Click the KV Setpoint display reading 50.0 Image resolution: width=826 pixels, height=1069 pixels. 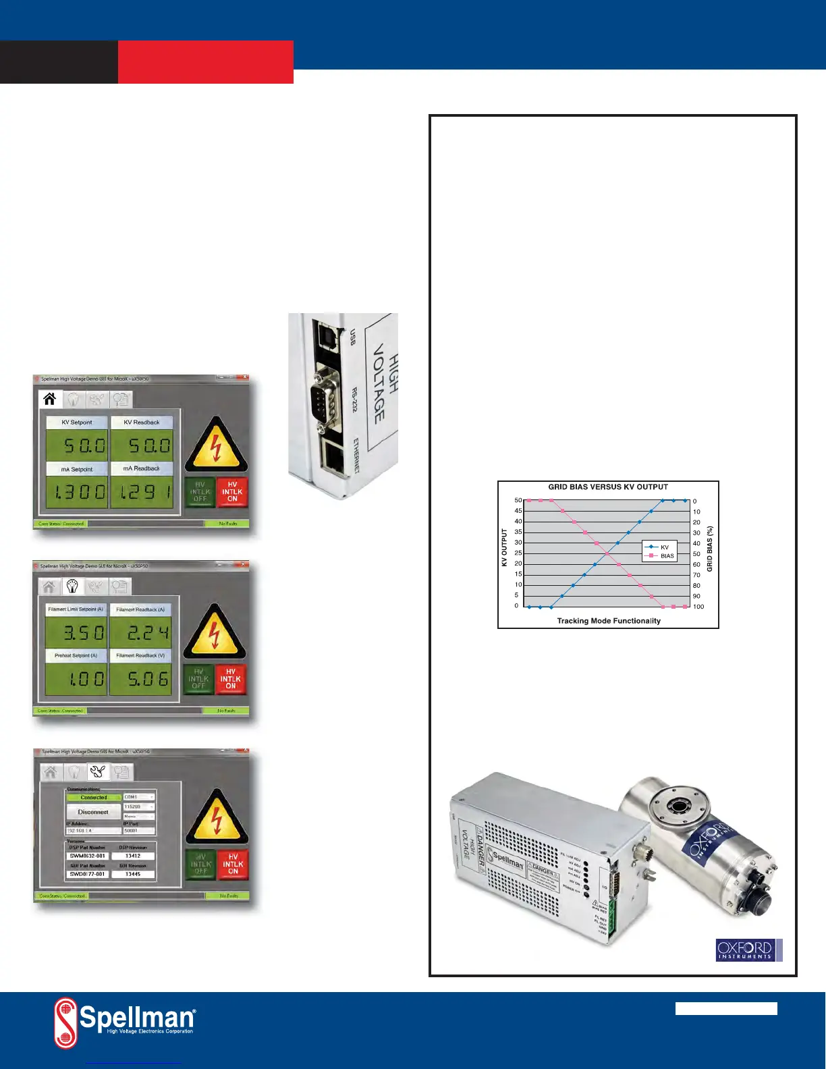click(77, 445)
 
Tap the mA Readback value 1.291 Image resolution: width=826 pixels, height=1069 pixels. click(142, 492)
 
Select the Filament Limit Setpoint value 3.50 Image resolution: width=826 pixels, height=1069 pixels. click(76, 632)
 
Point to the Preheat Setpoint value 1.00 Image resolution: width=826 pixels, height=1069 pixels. click(76, 678)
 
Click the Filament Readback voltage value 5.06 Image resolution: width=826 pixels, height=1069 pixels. click(141, 678)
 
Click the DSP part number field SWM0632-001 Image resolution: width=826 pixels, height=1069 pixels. click(88, 856)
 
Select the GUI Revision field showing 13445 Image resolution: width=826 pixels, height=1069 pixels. click(133, 874)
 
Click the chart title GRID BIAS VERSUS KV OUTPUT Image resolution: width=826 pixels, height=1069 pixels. click(607, 487)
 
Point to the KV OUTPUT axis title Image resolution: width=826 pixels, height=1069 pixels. click(504, 547)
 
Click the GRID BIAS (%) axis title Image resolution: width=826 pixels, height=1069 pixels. click(710, 549)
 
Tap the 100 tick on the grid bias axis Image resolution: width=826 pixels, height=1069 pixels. click(698, 607)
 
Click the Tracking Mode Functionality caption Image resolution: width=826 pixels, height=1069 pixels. click(608, 621)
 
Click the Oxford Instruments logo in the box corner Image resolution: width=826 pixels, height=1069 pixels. click(748, 950)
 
